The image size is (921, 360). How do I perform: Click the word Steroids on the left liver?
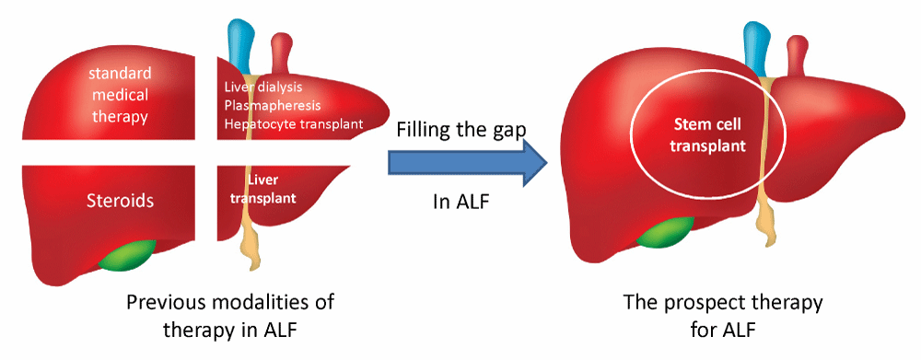[x=120, y=201]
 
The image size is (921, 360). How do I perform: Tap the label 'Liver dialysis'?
[x=263, y=87]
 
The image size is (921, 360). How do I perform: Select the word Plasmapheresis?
[x=273, y=106]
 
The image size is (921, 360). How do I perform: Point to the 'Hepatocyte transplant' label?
[x=294, y=124]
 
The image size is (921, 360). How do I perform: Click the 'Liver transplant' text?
[x=262, y=189]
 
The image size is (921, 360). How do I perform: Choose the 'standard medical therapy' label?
[x=120, y=95]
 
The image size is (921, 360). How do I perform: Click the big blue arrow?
[x=468, y=158]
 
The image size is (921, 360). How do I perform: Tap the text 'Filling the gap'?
[x=460, y=129]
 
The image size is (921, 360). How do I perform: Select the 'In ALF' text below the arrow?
[x=460, y=202]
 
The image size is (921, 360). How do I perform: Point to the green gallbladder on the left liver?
[x=127, y=255]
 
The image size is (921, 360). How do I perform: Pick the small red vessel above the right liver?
[x=797, y=54]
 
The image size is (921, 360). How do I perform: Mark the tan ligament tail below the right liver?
[x=765, y=226]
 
